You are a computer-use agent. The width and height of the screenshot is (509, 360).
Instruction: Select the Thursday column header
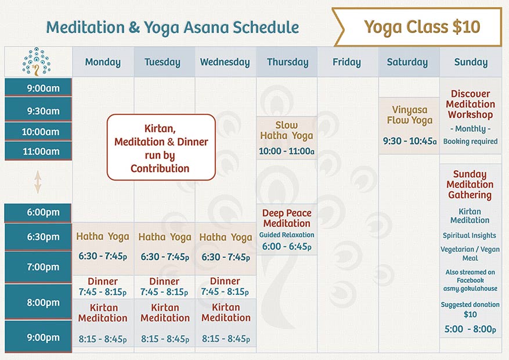(287, 62)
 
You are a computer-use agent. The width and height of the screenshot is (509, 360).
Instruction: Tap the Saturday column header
(407, 62)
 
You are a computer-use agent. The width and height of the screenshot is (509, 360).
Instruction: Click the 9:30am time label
(38, 111)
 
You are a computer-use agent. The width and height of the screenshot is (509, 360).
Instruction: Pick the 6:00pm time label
(38, 213)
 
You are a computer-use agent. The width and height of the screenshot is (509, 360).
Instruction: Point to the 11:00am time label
(38, 152)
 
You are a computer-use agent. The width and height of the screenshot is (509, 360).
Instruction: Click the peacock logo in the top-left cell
(37, 62)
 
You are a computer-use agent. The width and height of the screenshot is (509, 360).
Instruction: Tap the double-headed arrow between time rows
(38, 182)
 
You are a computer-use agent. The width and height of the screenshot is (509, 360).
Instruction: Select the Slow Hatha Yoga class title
(287, 131)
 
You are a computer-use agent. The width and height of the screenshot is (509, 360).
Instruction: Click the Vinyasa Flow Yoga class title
(410, 115)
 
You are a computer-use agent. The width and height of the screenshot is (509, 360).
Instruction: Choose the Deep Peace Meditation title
(287, 218)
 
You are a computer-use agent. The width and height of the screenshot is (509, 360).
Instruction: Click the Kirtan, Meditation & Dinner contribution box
(161, 147)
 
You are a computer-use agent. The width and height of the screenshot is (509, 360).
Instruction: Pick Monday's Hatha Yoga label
(103, 236)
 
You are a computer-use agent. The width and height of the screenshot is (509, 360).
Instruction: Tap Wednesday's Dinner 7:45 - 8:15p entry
(225, 286)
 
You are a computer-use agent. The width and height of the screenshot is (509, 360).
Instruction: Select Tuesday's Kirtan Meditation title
(165, 312)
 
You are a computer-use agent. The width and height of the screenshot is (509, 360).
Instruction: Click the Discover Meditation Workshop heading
(470, 104)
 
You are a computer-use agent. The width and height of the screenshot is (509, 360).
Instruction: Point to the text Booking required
(470, 141)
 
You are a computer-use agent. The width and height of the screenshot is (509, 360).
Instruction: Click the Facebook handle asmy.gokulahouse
(470, 289)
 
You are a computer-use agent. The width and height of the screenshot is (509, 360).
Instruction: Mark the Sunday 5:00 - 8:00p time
(470, 329)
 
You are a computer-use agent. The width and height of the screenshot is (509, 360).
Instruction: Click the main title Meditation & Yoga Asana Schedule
(172, 27)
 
